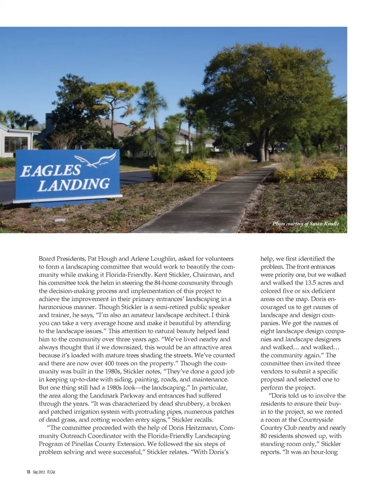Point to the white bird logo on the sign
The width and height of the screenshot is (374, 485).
[96, 159]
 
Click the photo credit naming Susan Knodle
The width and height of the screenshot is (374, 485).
[305, 224]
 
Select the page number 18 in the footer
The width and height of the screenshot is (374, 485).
[28, 472]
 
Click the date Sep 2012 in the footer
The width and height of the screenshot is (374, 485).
[39, 472]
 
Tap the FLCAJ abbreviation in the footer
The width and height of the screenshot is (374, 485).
[51, 472]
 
